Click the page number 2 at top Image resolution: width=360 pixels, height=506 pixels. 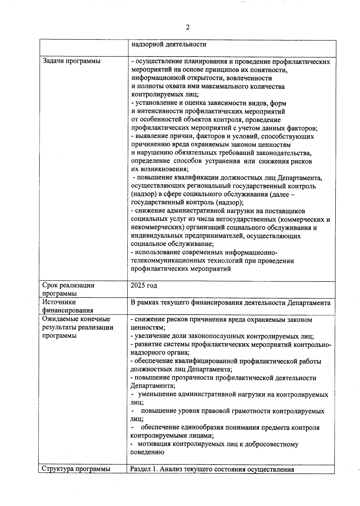pyautogui.click(x=188, y=28)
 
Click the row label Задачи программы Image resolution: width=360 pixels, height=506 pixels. pyautogui.click(x=71, y=61)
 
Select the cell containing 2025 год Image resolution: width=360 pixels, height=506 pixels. pyautogui.click(x=144, y=285)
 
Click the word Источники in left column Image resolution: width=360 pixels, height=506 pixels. pyautogui.click(x=59, y=302)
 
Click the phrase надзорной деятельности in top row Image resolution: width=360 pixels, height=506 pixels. pyautogui.click(x=169, y=44)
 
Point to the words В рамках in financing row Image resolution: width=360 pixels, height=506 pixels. pyautogui.click(x=145, y=303)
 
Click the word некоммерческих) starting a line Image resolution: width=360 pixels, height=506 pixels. pyautogui.click(x=157, y=227)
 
